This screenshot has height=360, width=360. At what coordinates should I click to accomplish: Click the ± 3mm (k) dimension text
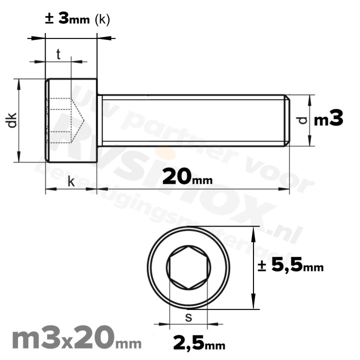[x=77, y=19]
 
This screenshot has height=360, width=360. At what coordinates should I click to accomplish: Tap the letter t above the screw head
[x=58, y=54]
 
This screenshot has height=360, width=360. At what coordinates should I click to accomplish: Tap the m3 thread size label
[x=328, y=120]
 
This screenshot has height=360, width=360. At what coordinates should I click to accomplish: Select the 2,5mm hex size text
[x=198, y=343]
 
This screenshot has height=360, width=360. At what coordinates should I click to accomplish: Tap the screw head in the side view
[x=71, y=120]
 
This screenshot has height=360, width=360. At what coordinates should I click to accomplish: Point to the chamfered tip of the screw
[x=287, y=120]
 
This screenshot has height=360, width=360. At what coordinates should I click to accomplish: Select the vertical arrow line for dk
[x=19, y=120]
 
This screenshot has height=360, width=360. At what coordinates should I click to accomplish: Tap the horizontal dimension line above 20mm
[x=192, y=189]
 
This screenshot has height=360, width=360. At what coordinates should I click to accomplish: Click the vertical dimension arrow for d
[x=310, y=120]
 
